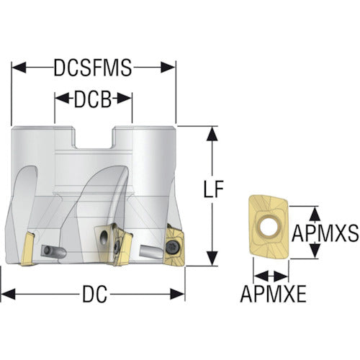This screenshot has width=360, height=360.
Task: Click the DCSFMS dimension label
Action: [x=93, y=68]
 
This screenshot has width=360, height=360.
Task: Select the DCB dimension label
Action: [x=93, y=99]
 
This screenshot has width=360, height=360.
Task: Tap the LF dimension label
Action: [x=213, y=189]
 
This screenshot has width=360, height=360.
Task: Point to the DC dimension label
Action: [x=95, y=294]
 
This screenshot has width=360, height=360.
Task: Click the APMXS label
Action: [x=325, y=233]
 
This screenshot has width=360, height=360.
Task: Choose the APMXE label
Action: [x=273, y=294]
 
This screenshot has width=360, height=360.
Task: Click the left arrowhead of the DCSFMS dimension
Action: [x=19, y=68]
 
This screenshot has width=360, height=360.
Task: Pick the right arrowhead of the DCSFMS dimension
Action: [x=168, y=68]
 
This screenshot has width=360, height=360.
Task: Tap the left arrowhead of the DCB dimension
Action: [x=62, y=99]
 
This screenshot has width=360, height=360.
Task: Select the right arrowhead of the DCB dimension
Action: [x=125, y=99]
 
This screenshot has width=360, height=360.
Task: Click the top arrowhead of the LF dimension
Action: [x=212, y=134]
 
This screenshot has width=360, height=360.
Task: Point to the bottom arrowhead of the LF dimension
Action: [x=212, y=258]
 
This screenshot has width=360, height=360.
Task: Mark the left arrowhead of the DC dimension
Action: [x=8, y=294]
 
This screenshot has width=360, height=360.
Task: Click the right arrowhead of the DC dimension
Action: [x=178, y=294]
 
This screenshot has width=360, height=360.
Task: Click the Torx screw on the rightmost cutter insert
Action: [x=174, y=247]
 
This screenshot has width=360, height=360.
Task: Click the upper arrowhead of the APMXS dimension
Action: [x=315, y=215]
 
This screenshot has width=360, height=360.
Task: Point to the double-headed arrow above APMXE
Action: [x=271, y=276]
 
